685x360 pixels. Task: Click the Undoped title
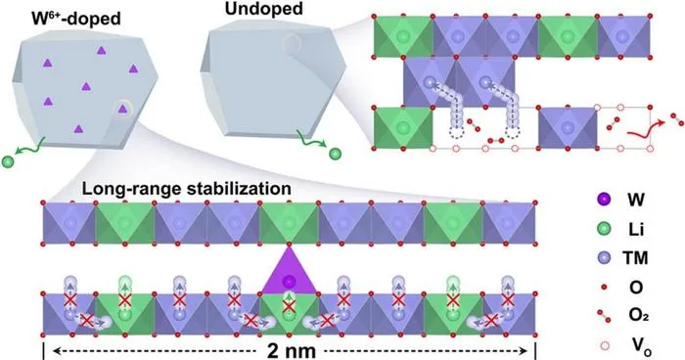click(264, 9)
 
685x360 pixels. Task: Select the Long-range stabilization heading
click(187, 189)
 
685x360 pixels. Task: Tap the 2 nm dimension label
click(291, 351)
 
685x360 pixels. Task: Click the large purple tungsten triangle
click(289, 273)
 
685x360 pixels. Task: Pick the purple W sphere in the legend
click(605, 201)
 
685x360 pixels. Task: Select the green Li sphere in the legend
click(605, 229)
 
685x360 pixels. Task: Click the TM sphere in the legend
click(605, 258)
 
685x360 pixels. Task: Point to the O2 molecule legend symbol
click(605, 316)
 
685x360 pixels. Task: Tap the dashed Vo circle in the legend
click(605, 346)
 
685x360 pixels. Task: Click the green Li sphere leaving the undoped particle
click(335, 154)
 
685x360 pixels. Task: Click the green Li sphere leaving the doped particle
click(8, 162)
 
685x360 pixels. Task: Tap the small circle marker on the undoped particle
click(291, 44)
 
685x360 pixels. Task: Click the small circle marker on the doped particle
click(122, 109)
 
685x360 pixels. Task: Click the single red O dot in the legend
click(605, 287)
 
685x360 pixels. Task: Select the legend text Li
click(632, 229)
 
